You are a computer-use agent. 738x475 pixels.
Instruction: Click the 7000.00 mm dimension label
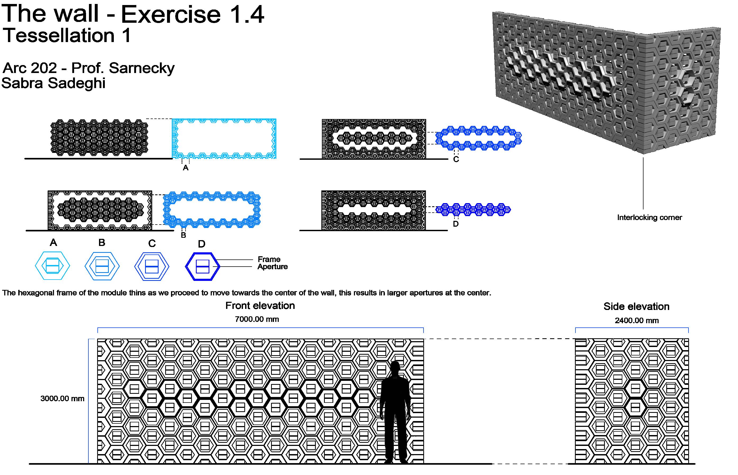coord(257,319)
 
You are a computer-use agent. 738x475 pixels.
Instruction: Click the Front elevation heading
coord(260,306)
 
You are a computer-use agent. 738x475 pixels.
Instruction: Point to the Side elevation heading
coord(636,306)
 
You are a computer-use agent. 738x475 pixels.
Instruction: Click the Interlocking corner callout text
coord(649,217)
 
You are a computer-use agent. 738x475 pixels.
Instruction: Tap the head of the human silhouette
coord(395,367)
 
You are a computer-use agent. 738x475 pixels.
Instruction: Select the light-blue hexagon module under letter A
coord(52,266)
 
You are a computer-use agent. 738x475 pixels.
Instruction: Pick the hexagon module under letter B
coord(102,266)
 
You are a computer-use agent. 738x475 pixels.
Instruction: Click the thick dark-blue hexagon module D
coord(202,267)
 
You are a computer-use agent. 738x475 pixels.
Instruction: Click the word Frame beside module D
coord(269,259)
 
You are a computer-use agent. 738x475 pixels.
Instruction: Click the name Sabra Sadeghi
coord(53,83)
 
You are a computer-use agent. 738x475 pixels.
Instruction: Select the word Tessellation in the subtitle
coord(59,35)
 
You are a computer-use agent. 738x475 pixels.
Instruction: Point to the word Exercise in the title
coord(171,15)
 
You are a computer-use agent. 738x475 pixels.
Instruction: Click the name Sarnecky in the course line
coord(141,68)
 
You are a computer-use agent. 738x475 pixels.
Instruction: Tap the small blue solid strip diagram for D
coord(473,209)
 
